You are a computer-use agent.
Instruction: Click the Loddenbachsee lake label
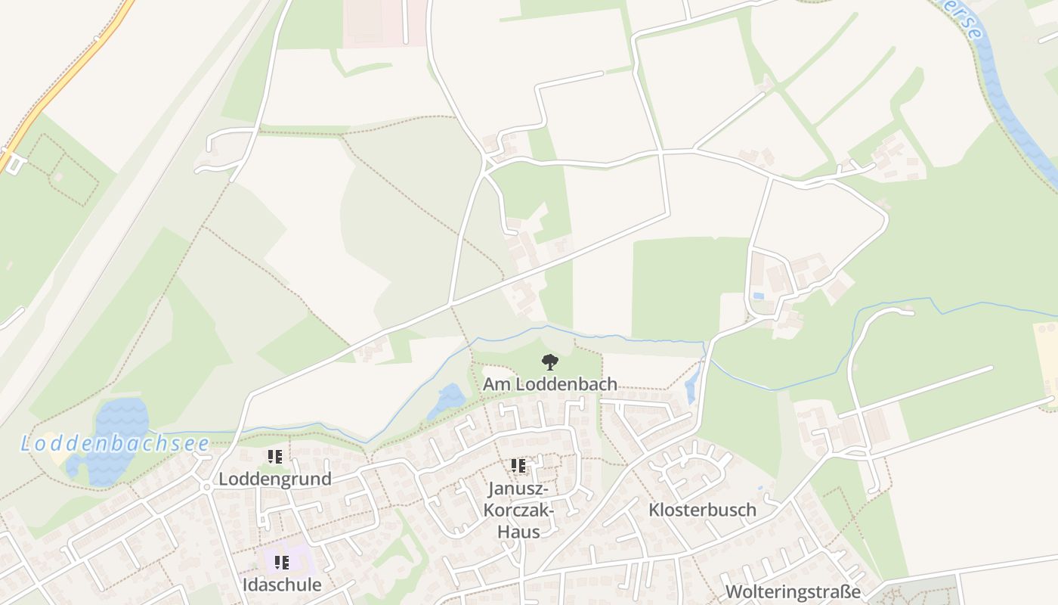113,443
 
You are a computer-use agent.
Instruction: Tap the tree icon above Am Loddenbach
549,362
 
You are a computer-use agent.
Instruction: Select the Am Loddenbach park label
549,384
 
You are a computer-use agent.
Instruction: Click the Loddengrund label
275,479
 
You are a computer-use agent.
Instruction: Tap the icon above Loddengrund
275,457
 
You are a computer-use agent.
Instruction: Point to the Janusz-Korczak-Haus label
518,510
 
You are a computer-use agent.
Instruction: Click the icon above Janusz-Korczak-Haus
518,466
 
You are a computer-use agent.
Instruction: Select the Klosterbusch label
702,510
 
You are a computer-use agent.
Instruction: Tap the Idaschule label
282,585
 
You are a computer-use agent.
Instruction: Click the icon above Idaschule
282,563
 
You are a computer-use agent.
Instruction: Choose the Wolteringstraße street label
793,591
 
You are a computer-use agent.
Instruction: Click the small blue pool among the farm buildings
758,295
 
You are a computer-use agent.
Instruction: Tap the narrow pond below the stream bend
691,386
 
